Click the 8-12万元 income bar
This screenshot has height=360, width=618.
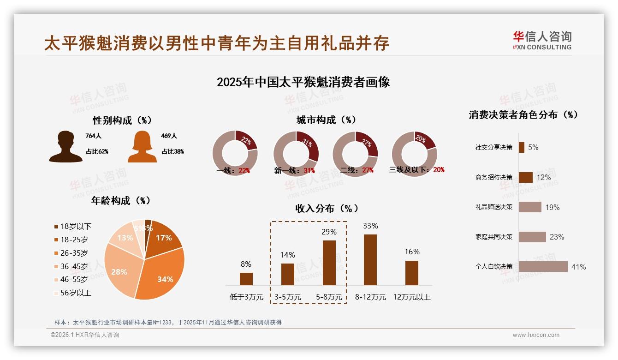(x=370, y=260)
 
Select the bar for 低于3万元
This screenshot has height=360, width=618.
(x=246, y=279)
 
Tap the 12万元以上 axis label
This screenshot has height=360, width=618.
(x=411, y=297)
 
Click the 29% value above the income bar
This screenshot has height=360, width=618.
(x=329, y=232)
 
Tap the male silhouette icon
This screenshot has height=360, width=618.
(x=65, y=147)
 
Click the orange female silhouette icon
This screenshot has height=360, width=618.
(x=142, y=147)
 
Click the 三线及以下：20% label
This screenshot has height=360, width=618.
(x=417, y=170)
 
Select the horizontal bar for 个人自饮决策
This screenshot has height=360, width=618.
(x=543, y=267)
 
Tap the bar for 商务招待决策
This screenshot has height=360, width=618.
(x=526, y=177)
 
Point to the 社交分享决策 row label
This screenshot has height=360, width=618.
(x=493, y=148)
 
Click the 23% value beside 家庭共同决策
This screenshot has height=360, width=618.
(x=557, y=237)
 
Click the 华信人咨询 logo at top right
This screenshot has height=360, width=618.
(x=542, y=41)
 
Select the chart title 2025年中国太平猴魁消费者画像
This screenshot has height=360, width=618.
(x=303, y=82)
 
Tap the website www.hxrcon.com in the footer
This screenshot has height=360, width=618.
(x=536, y=335)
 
